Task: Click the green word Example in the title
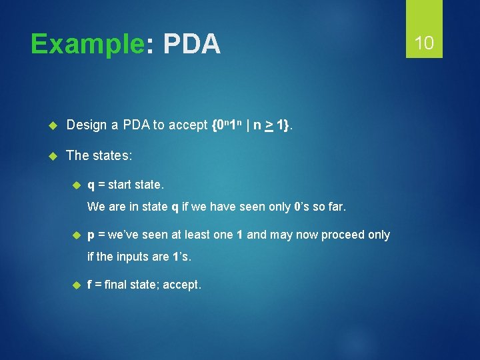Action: point(87,45)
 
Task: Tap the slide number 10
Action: point(424,44)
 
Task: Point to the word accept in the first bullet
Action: point(188,125)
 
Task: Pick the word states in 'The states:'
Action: point(111,155)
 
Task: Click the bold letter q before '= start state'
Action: point(91,183)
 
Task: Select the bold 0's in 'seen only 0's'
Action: point(301,207)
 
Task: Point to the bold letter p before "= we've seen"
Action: point(91,235)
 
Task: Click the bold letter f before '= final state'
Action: point(90,285)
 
